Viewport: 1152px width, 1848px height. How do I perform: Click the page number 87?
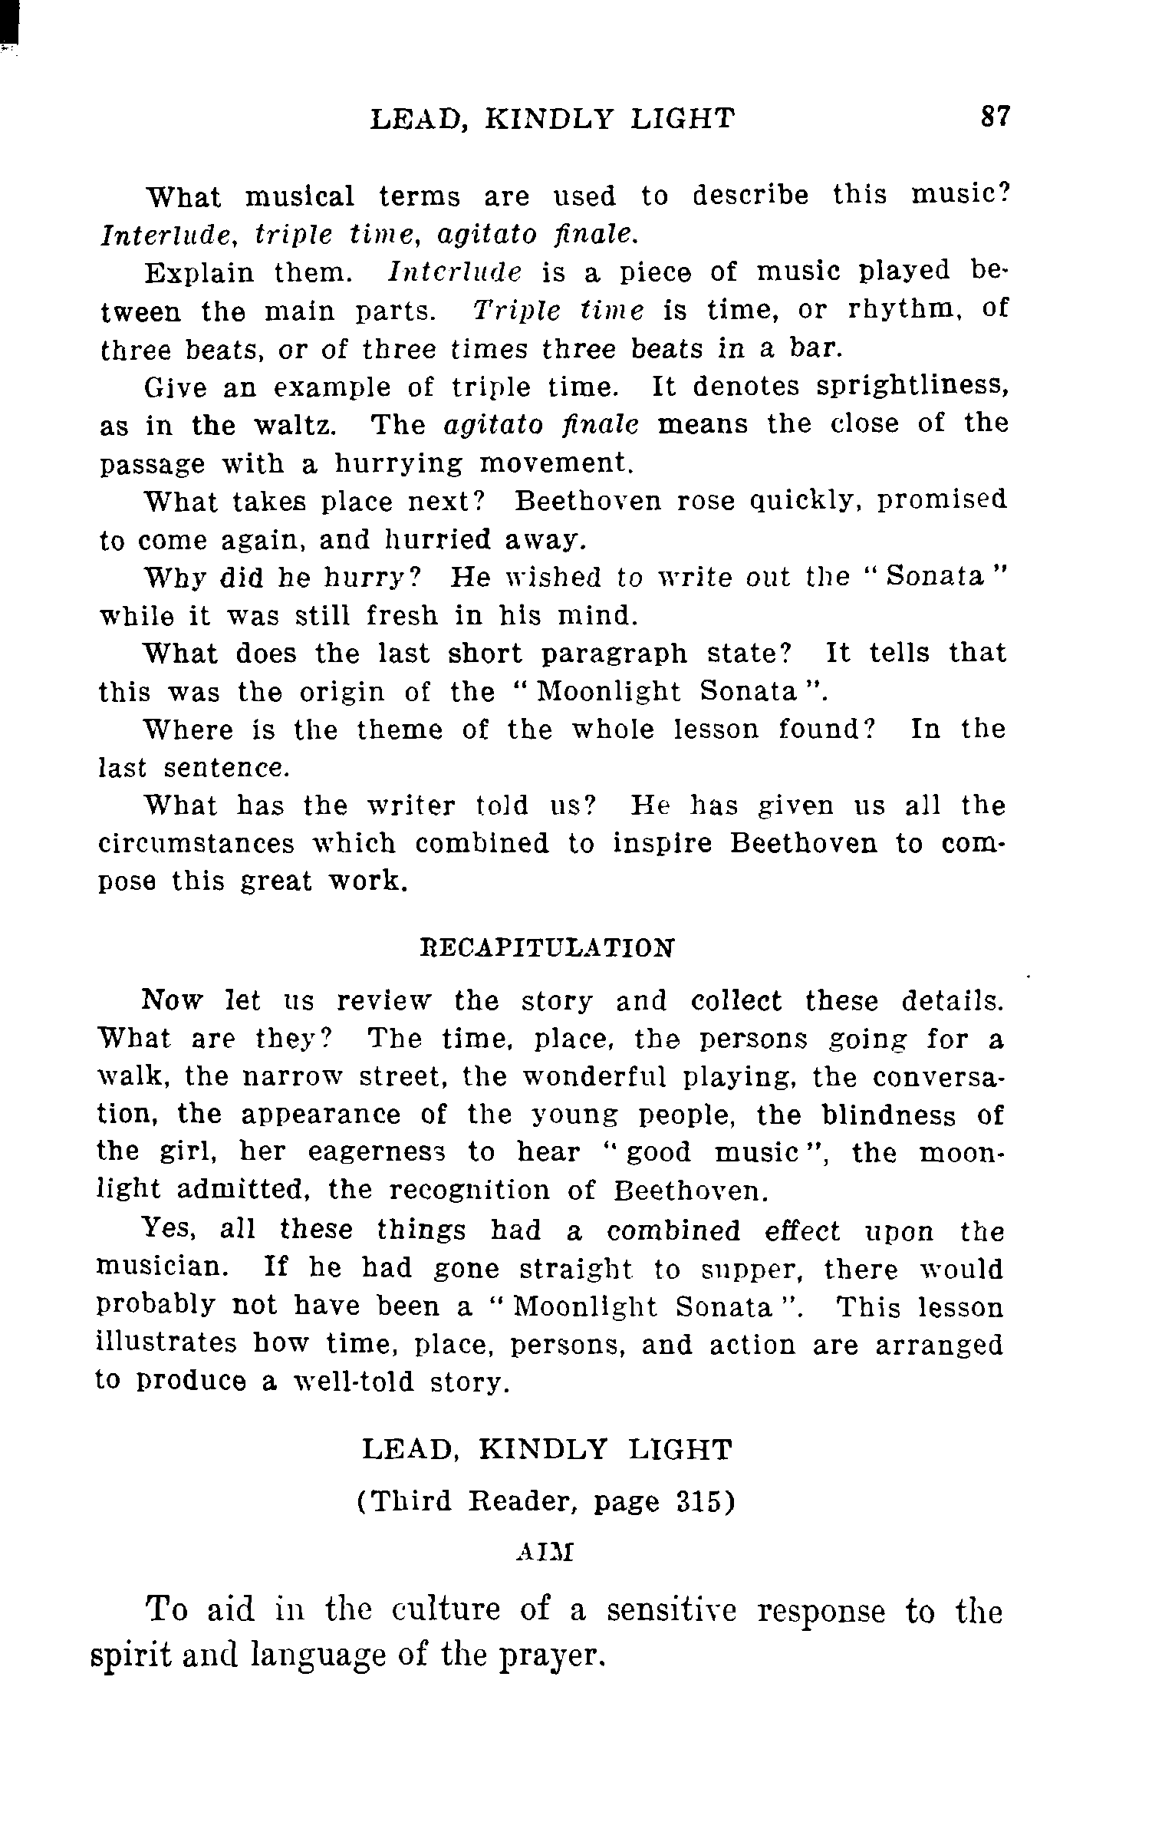point(996,117)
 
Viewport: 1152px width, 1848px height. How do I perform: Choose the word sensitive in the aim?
point(670,1611)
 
